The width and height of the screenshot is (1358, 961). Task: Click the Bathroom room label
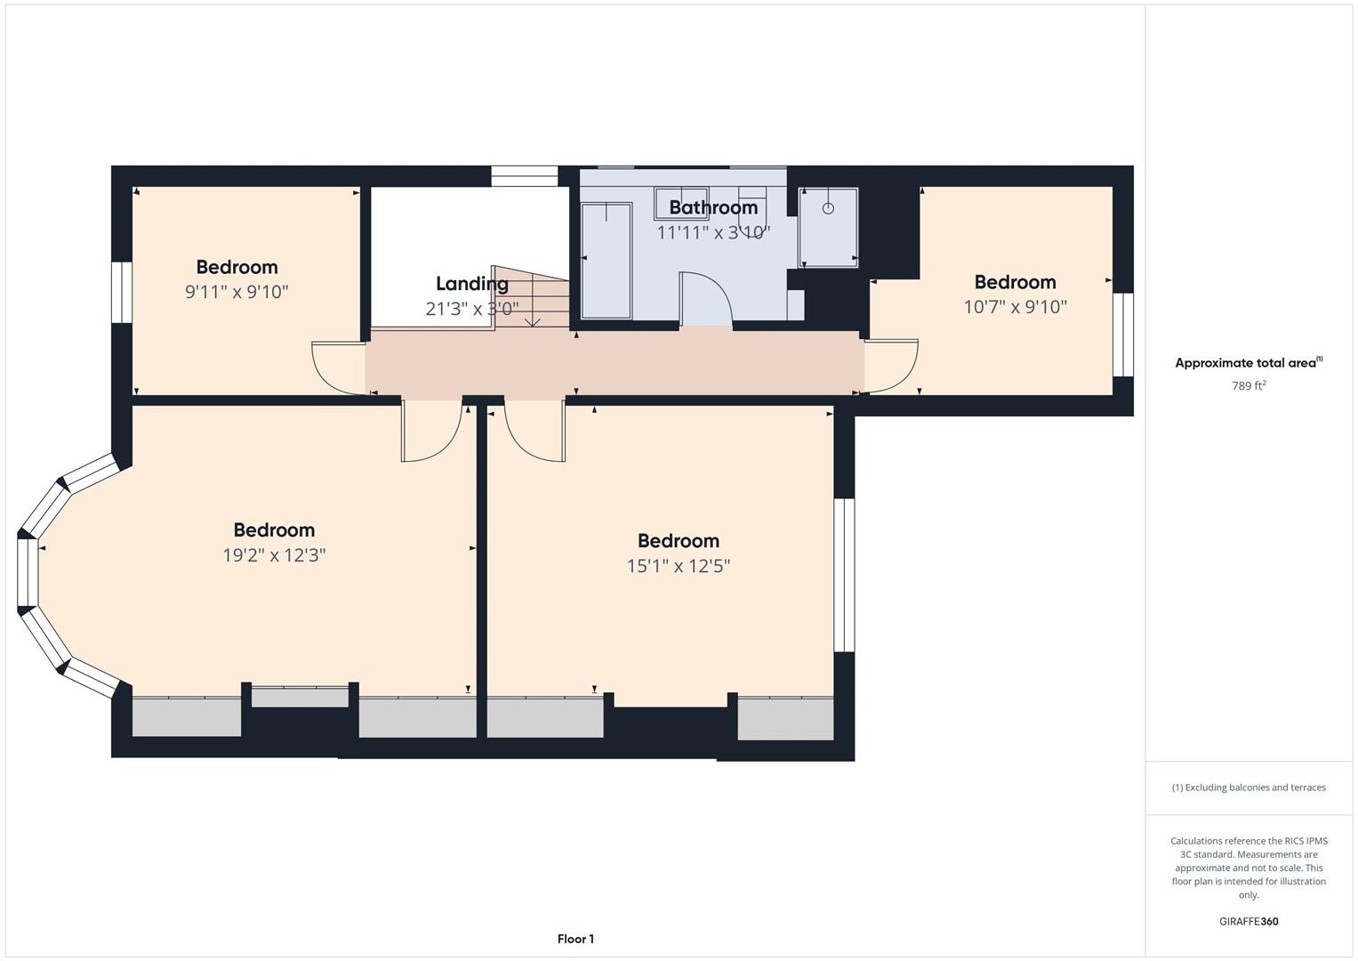pyautogui.click(x=713, y=207)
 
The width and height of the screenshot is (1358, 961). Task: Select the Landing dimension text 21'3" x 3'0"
pyautogui.click(x=472, y=309)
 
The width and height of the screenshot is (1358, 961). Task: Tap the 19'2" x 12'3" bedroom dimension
pyautogui.click(x=274, y=555)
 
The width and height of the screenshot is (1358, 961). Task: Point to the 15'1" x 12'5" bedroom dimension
pyautogui.click(x=678, y=566)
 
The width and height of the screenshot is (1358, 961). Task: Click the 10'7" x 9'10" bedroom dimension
pyautogui.click(x=1015, y=307)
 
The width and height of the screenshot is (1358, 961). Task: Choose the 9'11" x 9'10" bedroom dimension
pyautogui.click(x=237, y=292)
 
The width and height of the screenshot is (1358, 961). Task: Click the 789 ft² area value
pyautogui.click(x=1249, y=385)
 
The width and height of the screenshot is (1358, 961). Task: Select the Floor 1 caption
pyautogui.click(x=575, y=939)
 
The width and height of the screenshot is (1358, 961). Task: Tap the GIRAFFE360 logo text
pyautogui.click(x=1249, y=921)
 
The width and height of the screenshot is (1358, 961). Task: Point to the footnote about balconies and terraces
pyautogui.click(x=1249, y=787)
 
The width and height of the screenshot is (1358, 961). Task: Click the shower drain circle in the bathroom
pyautogui.click(x=828, y=208)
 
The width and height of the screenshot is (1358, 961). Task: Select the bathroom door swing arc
pyautogui.click(x=705, y=298)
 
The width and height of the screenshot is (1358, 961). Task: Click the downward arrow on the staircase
pyautogui.click(x=533, y=320)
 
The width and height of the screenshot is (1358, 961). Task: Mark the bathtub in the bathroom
pyautogui.click(x=606, y=260)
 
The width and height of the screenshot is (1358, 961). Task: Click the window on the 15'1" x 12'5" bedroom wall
pyautogui.click(x=843, y=575)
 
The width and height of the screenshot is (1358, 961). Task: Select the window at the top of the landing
pyautogui.click(x=525, y=176)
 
